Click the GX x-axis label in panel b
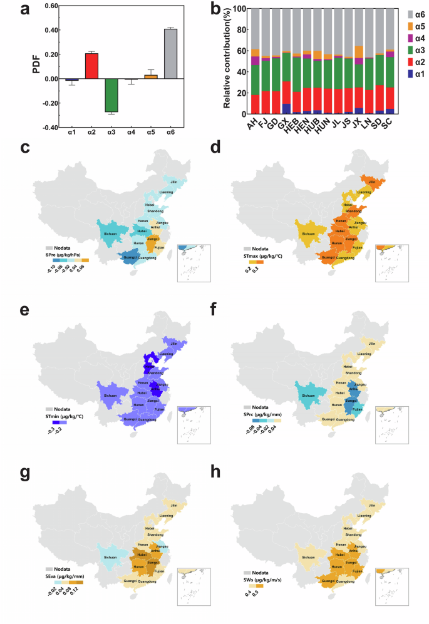coord(284,123)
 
